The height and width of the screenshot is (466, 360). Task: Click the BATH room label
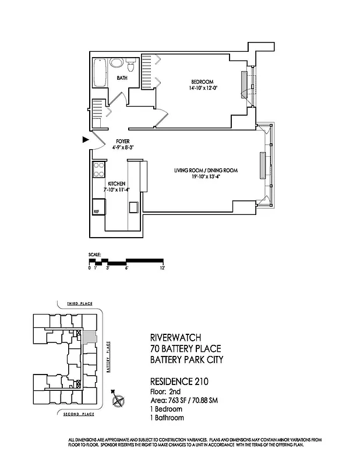pos(122,77)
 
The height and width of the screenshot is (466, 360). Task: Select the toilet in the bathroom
pos(132,66)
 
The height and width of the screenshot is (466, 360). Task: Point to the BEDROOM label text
pos(203,82)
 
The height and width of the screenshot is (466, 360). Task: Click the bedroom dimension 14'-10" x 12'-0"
pos(203,89)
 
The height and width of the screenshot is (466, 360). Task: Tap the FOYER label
pos(122,142)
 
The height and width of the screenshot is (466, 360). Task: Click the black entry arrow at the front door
pos(85,140)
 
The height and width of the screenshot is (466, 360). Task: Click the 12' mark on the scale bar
pos(163,268)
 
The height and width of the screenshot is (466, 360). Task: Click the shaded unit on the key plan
pos(89,337)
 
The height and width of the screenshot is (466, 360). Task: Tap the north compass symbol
pos(119,401)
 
